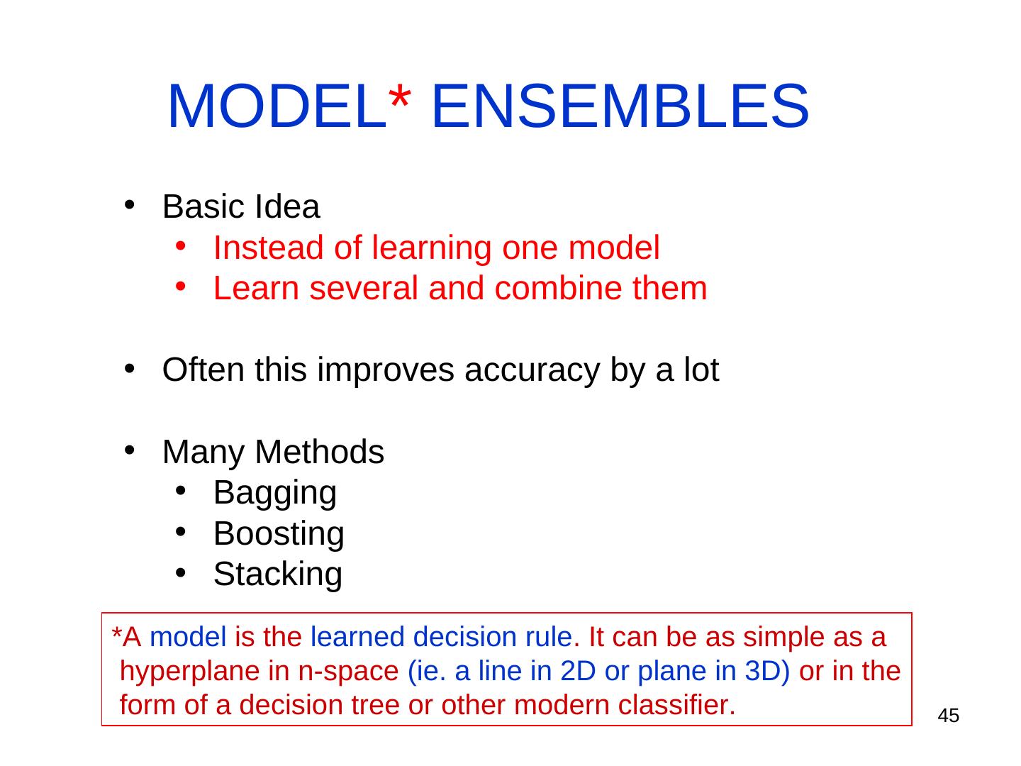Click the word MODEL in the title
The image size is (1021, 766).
277,106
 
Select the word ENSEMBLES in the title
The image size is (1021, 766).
620,106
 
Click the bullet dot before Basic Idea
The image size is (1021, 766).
129,205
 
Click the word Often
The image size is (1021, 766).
203,370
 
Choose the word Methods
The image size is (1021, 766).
320,452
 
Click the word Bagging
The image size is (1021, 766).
275,494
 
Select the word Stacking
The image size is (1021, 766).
278,575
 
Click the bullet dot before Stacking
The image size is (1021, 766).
181,572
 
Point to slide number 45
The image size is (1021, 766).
949,716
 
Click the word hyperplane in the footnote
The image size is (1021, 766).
189,672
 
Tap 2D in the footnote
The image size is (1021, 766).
578,671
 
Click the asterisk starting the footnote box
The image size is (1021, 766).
116,633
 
